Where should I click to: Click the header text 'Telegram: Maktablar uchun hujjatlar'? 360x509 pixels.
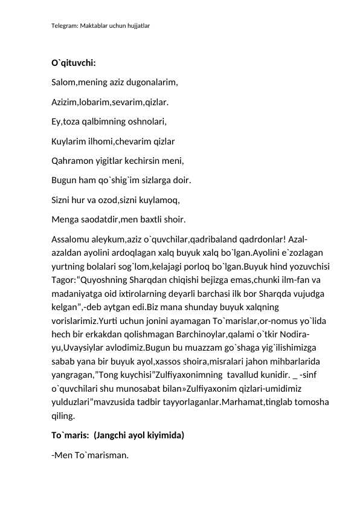tap(101, 27)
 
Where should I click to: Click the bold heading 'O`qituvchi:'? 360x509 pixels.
tap(74, 63)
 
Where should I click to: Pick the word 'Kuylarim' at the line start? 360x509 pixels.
tap(69, 142)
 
